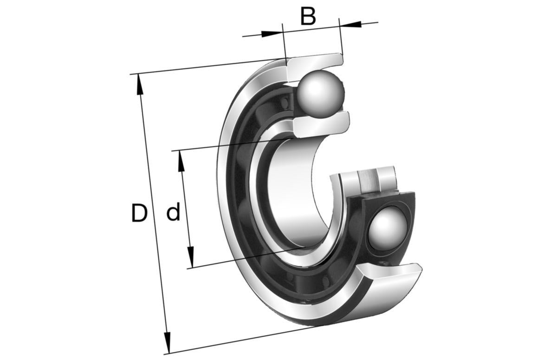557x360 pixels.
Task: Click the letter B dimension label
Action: click(x=308, y=16)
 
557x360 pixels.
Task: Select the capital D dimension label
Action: click(x=139, y=212)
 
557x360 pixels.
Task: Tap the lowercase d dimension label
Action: click(x=173, y=212)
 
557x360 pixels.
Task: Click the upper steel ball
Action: click(x=321, y=94)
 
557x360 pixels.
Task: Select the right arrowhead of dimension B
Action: click(x=350, y=24)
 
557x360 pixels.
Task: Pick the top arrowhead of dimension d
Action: click(x=182, y=161)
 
